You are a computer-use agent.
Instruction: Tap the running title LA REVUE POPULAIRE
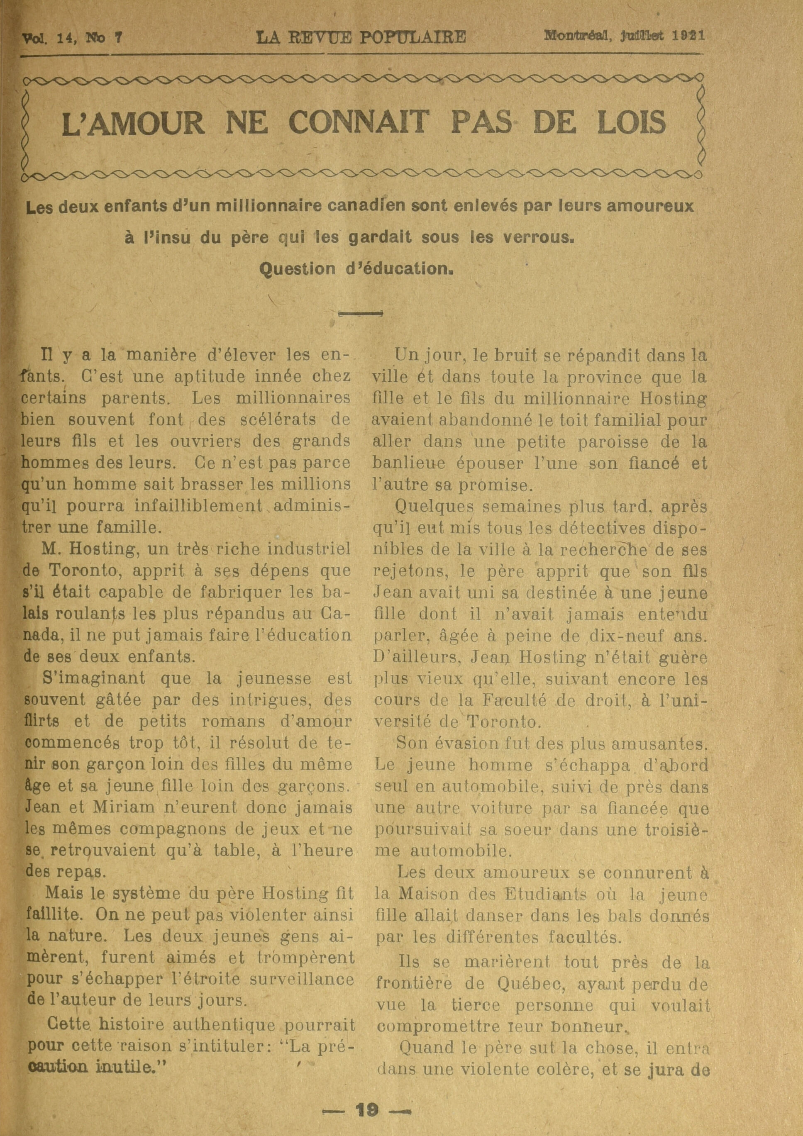[361, 37]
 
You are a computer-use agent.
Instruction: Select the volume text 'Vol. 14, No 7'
[72, 38]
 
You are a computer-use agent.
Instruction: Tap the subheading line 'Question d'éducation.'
[356, 269]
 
